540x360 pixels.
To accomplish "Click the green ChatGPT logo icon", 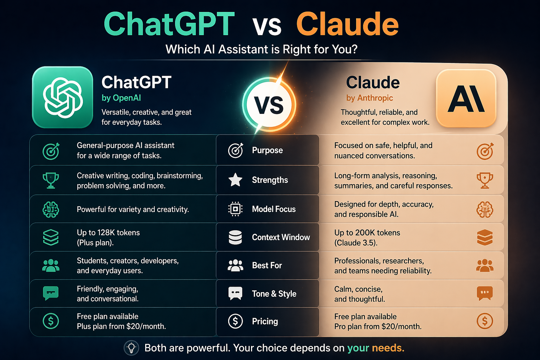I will [63, 97].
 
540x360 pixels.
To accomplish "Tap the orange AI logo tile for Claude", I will [466, 98].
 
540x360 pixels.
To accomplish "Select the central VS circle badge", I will [269, 105].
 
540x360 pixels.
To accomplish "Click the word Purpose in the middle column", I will [267, 150].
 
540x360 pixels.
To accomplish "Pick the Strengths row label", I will [270, 180].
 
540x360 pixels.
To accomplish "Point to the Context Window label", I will [281, 237].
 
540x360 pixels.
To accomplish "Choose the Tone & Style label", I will [274, 294].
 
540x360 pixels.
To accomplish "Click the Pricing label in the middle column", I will [265, 321].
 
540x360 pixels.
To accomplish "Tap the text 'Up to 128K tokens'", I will [108, 233].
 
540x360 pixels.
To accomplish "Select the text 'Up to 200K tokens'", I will [367, 233].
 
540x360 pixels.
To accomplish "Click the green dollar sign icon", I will [51, 321].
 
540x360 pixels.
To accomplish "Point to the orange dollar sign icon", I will [485, 321].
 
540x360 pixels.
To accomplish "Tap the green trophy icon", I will [51, 180].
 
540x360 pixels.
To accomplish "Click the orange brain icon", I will [485, 210].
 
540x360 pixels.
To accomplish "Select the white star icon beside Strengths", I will [235, 180].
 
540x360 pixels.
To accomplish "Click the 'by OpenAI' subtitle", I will [121, 98].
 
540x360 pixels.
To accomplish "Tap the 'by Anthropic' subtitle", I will [369, 98].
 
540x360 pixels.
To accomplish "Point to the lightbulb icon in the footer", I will [131, 348].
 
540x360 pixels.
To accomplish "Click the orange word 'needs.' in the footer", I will [388, 348].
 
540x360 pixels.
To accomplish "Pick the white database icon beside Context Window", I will [235, 237].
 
